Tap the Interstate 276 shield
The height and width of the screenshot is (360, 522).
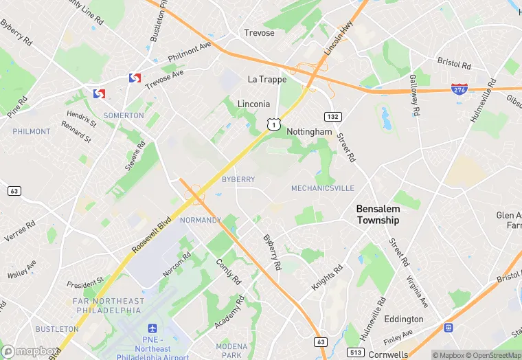point(460,90)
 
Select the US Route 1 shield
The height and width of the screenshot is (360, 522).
point(274,124)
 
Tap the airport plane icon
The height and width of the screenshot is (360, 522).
point(152,330)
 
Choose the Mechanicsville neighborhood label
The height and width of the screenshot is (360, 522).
point(323,188)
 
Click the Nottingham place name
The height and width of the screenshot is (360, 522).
point(309,131)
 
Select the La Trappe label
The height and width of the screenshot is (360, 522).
point(267,80)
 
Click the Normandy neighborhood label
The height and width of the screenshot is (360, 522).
point(200,221)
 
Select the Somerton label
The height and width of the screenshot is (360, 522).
point(124,115)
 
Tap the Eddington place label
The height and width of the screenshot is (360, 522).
point(404,319)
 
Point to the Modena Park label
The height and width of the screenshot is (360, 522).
point(231,350)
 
